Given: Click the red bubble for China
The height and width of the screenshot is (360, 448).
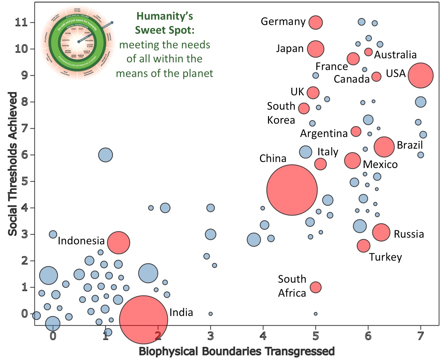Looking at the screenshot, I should coord(292,190).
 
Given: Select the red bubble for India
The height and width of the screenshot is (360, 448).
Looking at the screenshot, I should coord(143,319).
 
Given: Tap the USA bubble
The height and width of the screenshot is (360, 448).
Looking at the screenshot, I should coord(420,75).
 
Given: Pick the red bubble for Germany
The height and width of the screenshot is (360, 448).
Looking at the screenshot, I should coord(315,22).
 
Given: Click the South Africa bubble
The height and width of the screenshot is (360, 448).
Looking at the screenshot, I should coord(315,287).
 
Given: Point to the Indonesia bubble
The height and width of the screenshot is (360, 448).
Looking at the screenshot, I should coord(118,243).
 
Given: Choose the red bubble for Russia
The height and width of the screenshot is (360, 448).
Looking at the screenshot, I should coord(381,232).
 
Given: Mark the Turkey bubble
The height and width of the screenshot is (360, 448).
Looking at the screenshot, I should coord(363,246).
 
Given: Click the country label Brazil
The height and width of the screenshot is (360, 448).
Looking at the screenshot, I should coord(409,145).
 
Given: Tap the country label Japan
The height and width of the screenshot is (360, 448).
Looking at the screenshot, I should coord(290,49).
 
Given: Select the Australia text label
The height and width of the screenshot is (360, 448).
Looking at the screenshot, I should coord(395,55).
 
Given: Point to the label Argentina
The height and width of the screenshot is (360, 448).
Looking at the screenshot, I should coord(324,133).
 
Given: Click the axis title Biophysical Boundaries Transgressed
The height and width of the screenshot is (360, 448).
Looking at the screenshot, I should coord(236,351).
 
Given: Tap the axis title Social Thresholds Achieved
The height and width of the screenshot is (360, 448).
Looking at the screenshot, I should coord(13,164).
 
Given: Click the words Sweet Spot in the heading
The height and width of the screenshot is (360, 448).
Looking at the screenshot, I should coord(164,30).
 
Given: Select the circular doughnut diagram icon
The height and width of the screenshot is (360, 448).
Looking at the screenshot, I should coord(77,42).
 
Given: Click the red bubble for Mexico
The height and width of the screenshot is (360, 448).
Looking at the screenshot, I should coord(352,161).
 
